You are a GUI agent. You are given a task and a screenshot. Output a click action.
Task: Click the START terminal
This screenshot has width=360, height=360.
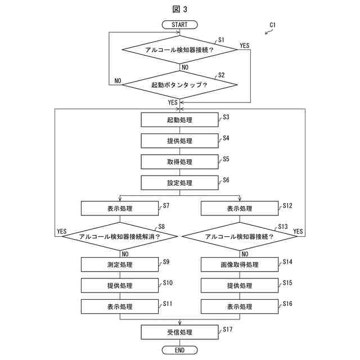pos(179,25)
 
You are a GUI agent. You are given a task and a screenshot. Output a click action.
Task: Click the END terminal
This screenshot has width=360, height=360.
pos(179,350)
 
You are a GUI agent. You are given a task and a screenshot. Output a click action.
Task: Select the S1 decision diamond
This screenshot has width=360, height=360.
pos(179,50)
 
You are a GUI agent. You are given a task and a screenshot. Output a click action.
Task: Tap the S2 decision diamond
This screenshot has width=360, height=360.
pos(179,85)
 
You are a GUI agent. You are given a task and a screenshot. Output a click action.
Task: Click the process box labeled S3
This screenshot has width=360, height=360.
pos(179,120)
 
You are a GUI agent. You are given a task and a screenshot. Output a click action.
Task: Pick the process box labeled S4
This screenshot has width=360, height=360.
pos(179,141)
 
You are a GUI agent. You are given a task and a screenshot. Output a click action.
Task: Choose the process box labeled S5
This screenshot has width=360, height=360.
pos(179,162)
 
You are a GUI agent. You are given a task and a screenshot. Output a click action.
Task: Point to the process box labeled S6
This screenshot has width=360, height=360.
pos(179,183)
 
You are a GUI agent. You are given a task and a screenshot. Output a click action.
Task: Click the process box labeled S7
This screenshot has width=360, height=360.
pos(120,208)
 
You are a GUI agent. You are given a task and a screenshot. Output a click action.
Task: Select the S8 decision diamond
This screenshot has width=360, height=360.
pos(120,236)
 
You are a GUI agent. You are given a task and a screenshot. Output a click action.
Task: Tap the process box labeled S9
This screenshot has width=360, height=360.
pos(120,264)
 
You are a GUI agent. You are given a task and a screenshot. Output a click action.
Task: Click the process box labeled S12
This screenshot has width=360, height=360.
pos(239,208)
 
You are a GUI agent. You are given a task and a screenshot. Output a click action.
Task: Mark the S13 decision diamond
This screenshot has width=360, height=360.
pos(239,236)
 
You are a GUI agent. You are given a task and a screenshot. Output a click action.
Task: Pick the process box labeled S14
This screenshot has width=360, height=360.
pos(239,264)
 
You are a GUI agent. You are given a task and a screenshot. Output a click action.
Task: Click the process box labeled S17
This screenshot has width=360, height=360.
pos(179,332)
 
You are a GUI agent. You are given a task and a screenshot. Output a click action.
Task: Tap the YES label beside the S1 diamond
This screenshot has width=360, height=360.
pos(245,45)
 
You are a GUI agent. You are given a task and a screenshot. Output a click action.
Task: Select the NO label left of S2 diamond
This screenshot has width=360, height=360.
pos(118,81)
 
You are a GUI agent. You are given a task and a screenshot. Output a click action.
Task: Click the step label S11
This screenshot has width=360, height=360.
pos(168,303)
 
